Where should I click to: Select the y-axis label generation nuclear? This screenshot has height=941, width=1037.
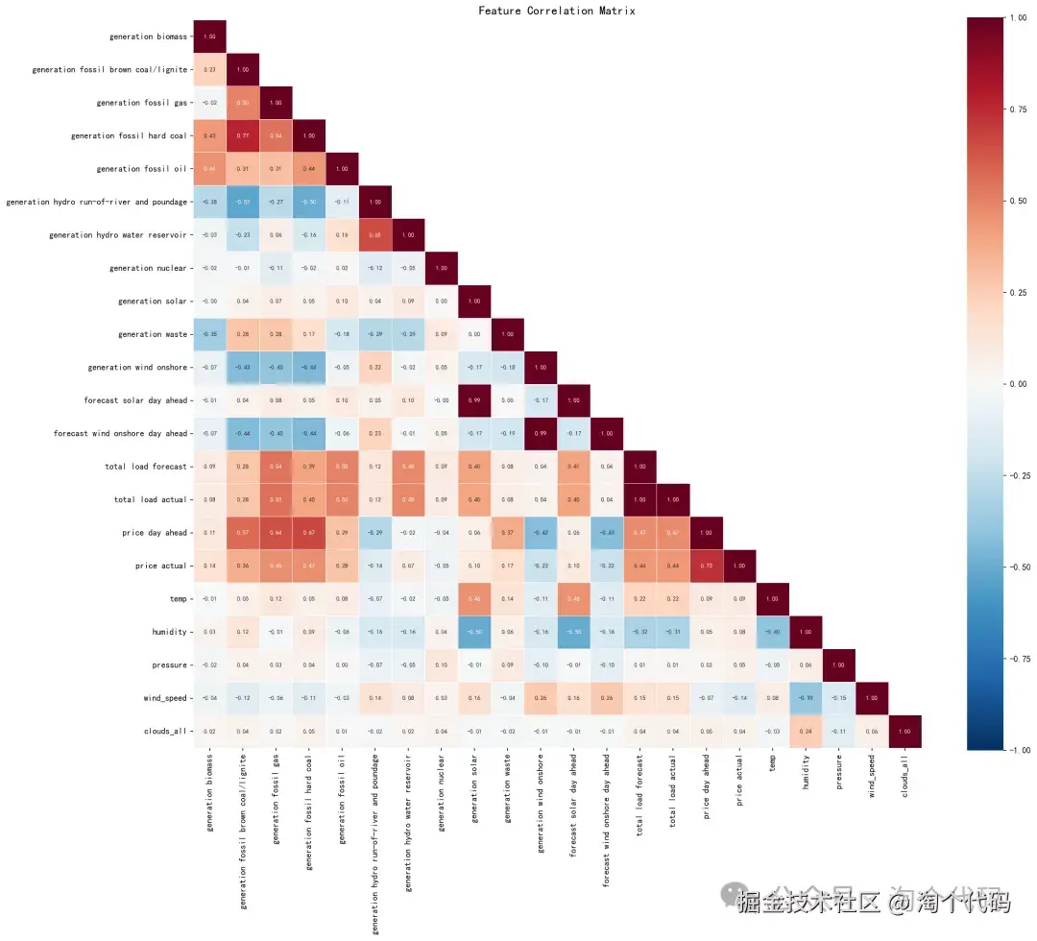click(147, 268)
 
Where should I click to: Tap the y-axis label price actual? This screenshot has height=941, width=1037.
click(161, 567)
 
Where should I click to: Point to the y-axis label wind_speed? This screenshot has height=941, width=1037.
click(164, 698)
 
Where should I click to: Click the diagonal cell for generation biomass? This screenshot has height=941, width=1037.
click(209, 36)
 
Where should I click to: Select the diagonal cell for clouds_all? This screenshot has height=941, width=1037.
click(905, 732)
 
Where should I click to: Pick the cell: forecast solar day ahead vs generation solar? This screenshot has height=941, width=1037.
click(474, 400)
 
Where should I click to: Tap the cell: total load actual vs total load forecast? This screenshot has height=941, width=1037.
click(640, 499)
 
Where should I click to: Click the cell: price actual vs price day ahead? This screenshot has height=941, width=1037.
click(707, 567)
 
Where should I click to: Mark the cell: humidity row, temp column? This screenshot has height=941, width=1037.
click(773, 632)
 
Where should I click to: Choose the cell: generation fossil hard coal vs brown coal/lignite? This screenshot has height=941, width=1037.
click(242, 135)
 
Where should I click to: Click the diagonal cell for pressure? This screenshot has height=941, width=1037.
click(839, 665)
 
